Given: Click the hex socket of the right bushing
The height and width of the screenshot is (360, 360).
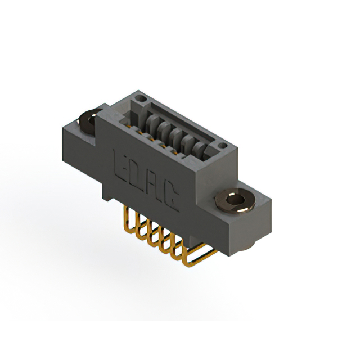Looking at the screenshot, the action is (235, 200).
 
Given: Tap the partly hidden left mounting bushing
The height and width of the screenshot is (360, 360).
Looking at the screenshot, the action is (88, 121).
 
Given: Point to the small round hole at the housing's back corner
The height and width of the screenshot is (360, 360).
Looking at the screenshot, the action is (141, 99).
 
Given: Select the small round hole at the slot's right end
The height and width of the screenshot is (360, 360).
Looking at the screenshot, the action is (222, 145).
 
